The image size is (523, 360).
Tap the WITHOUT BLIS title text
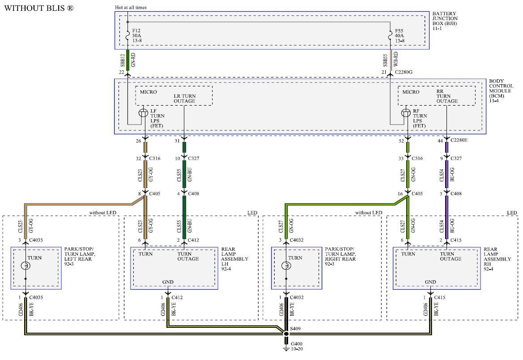39,9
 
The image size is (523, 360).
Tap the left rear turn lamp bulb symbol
26,266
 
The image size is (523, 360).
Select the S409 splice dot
286,334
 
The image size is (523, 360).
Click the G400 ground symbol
286,346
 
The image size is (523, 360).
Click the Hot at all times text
131,7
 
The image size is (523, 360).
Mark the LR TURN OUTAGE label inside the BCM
184,99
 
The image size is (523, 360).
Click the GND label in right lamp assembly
430,282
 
